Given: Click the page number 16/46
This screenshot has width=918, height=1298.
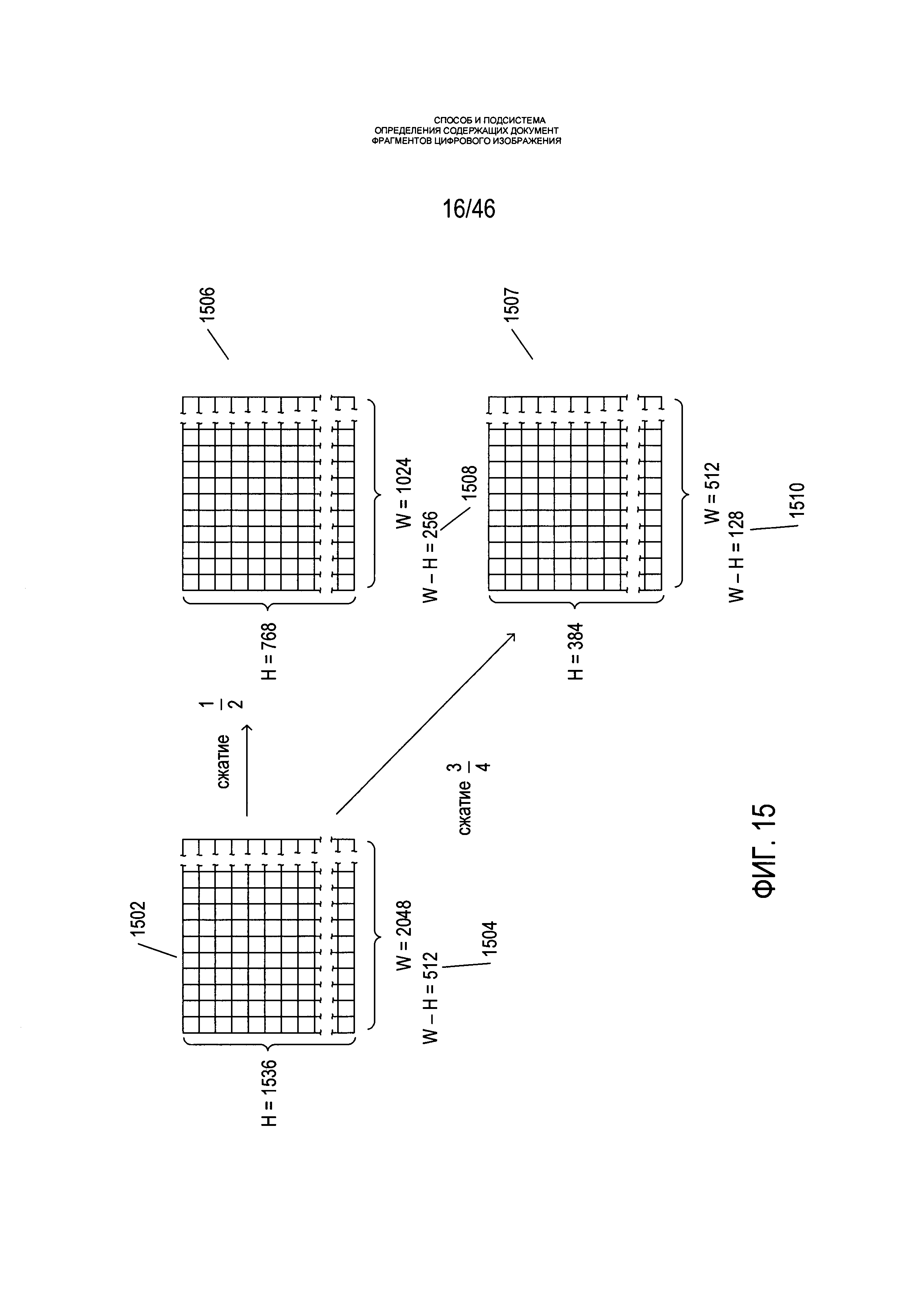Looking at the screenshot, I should tap(469, 209).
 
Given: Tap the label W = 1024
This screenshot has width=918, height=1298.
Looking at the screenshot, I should tap(404, 493).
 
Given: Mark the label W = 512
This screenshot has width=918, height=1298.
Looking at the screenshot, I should tap(712, 493).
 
